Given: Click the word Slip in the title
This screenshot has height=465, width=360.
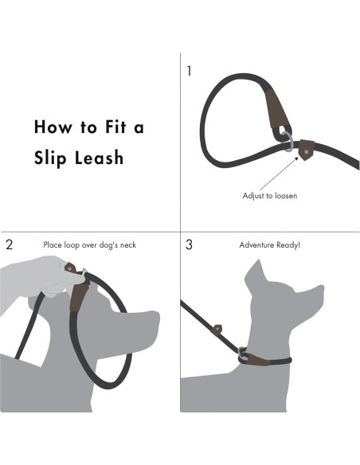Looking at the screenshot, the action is tap(49, 158).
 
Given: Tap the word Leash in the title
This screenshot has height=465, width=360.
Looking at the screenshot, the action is tap(99, 157).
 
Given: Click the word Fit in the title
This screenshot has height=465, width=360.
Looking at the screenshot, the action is tap(115, 127).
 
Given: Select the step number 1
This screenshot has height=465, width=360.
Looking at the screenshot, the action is tap(190, 71).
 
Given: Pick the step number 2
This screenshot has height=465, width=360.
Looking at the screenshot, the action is tap(10, 245).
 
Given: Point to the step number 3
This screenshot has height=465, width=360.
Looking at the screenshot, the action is tap(190, 244).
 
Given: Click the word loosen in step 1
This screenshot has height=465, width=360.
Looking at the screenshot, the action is tap(286, 196).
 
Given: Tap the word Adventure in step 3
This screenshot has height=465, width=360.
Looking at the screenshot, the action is tap(256, 245).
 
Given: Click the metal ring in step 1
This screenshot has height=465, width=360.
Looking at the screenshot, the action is tap(287, 142).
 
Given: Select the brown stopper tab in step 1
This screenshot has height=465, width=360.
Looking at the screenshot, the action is tap(306, 150).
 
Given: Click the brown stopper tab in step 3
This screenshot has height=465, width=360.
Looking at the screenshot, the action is tap(217, 330).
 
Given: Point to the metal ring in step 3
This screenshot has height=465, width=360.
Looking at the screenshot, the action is tap(243, 354).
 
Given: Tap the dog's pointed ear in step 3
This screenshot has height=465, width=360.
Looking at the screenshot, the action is tap(256, 272).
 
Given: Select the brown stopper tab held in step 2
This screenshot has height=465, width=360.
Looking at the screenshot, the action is tap(71, 268).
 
